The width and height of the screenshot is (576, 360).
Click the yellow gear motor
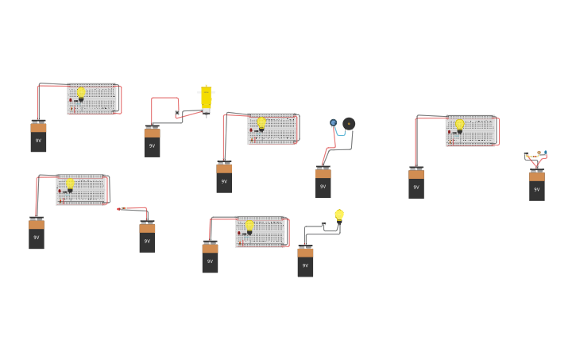click(x=207, y=98)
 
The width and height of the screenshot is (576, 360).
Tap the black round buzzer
click(x=349, y=124)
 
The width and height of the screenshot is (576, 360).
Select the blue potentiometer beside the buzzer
click(x=334, y=123)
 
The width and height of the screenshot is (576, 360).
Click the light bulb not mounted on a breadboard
click(x=339, y=215)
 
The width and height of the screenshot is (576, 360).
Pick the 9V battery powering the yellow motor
click(x=152, y=142)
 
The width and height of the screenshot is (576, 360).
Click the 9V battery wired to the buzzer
click(x=323, y=183)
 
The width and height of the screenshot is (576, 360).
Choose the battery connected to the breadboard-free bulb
click(x=305, y=261)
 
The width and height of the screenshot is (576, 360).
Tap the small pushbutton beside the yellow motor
click(x=177, y=114)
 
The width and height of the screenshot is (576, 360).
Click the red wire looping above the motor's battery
click(x=164, y=99)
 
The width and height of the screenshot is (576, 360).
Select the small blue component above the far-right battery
click(x=546, y=153)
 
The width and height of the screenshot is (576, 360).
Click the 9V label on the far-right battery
click(x=537, y=189)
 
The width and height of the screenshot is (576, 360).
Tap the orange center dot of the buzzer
click(x=349, y=124)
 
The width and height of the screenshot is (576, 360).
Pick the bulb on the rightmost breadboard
click(x=459, y=125)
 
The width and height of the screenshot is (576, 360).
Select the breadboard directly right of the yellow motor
click(x=272, y=129)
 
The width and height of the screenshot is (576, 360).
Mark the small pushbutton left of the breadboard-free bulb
click(x=323, y=224)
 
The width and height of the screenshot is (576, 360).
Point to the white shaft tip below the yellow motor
click(x=207, y=115)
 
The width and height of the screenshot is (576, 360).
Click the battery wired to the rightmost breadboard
click(x=416, y=183)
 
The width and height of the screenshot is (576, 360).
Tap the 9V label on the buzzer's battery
click(x=323, y=187)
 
